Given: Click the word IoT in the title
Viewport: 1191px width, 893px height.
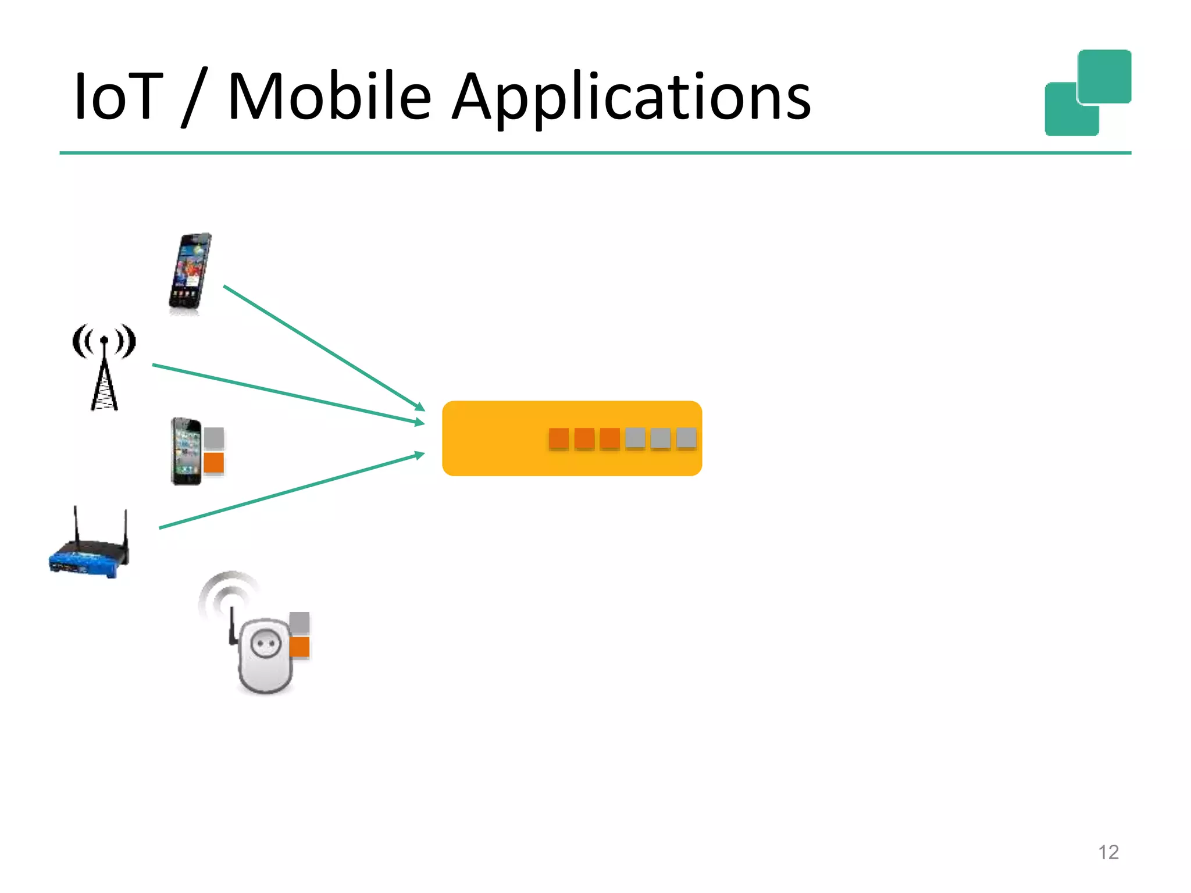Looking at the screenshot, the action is (118, 97).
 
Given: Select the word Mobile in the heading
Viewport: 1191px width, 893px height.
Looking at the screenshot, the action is (329, 97).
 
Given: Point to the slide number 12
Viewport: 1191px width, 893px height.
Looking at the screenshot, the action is (1108, 852).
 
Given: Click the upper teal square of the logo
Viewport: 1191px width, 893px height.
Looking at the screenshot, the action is (1104, 76).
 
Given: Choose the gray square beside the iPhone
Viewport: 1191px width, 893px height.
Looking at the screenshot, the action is (214, 438).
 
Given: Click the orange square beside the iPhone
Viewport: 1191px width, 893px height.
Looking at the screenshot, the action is (214, 463).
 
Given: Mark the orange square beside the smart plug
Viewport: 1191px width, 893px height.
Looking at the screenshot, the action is (300, 646).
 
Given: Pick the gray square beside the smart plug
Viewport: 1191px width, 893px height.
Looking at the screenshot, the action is (300, 623).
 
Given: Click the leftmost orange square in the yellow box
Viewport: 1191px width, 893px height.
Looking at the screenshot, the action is (559, 438).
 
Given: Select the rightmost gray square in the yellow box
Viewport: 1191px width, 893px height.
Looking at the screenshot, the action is (686, 438).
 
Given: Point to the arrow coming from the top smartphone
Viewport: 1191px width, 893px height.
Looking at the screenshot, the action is (323, 347).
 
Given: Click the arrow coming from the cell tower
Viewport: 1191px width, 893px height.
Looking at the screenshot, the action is (288, 394).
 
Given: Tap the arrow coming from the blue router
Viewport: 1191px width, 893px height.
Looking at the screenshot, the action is (291, 491).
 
